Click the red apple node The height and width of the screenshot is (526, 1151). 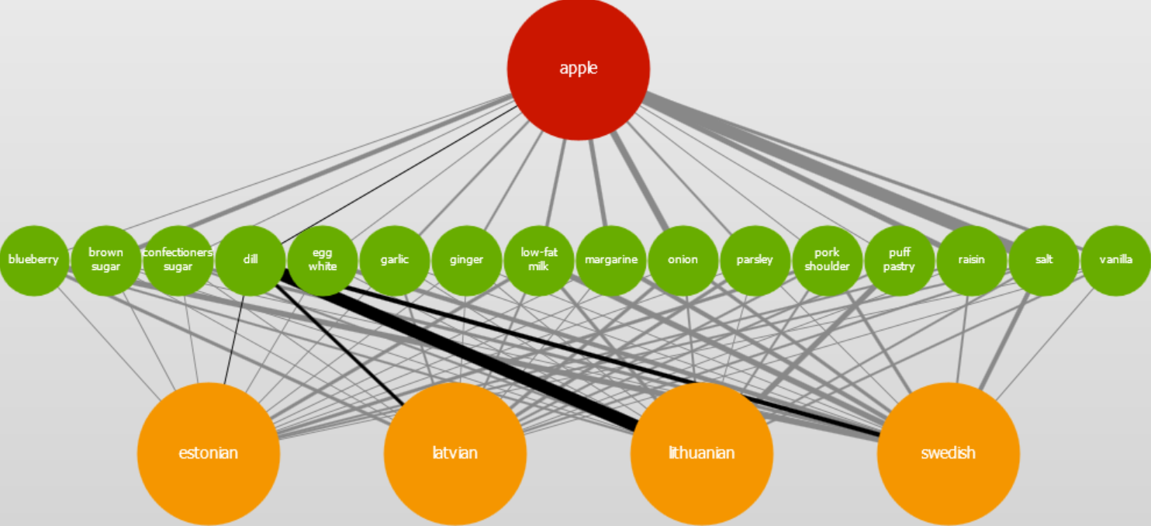coord(578,69)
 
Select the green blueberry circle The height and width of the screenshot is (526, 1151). coord(33,260)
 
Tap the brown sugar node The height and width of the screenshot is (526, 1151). coord(105,260)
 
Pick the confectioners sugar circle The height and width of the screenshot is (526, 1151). coord(178,260)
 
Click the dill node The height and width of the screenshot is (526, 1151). coord(250,260)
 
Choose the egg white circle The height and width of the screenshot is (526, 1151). coord(322,260)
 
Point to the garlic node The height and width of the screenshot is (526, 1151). coord(394,260)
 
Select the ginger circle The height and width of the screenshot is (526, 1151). coord(466,260)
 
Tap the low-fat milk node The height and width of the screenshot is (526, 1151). coord(538,260)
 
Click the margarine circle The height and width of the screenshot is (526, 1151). coord(610,260)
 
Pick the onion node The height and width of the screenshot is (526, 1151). coord(683,260)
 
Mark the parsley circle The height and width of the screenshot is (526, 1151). coord(755,260)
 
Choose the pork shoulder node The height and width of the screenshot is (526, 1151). coord(827,260)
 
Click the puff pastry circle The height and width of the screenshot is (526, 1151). coord(899,260)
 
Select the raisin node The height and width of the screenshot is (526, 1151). coord(971,260)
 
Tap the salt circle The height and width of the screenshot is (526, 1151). coord(1043,260)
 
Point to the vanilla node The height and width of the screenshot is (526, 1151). coord(1115,260)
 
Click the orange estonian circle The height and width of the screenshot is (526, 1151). coord(208,454)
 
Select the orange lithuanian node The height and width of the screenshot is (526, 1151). coord(701,454)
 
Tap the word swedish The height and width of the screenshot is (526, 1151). coord(948,453)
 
